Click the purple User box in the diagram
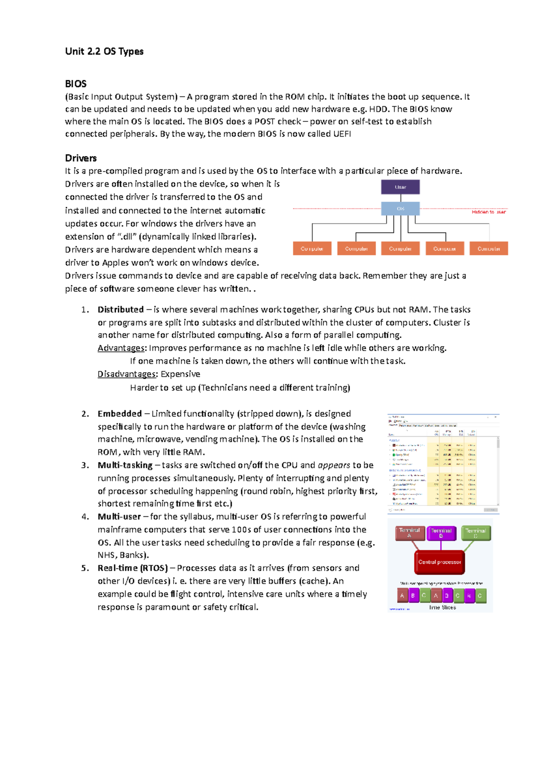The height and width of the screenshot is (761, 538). point(400,187)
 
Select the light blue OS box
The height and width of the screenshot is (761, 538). point(400,208)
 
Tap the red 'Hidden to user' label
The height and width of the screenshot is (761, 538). point(488,212)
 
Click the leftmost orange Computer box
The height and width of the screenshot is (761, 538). point(312,248)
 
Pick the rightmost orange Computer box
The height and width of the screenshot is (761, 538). point(489,248)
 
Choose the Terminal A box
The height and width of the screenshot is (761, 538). point(409,533)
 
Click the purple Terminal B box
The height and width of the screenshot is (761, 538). point(441,533)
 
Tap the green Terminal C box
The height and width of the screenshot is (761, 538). point(476,533)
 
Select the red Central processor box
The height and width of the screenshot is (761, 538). point(439,562)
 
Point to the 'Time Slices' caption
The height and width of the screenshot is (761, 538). point(443,607)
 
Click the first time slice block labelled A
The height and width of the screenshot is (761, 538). point(402,596)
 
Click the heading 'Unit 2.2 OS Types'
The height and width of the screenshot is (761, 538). point(104,52)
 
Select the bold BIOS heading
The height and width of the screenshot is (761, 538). point(76,84)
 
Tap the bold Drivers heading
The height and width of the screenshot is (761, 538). point(81,158)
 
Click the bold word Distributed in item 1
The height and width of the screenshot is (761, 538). point(121,310)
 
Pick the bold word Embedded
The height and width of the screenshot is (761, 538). point(120,414)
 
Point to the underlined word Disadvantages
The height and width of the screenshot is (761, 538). point(127,374)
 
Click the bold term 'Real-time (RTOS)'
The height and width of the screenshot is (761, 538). point(133,568)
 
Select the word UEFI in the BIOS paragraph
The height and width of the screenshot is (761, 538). point(342,134)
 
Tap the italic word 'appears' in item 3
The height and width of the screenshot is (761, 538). point(334,465)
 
